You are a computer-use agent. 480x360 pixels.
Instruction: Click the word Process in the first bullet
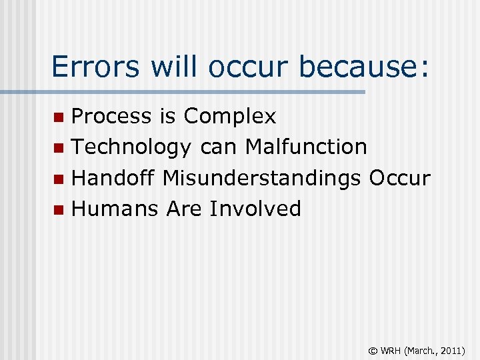pos(111,117)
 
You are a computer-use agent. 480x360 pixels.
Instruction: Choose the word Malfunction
pos(306,147)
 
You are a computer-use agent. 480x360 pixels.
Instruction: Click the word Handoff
pos(113,178)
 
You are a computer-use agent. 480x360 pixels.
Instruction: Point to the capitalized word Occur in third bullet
pos(399,178)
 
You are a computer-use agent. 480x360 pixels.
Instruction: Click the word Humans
pos(115,209)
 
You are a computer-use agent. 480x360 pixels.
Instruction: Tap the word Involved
pos(255,209)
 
